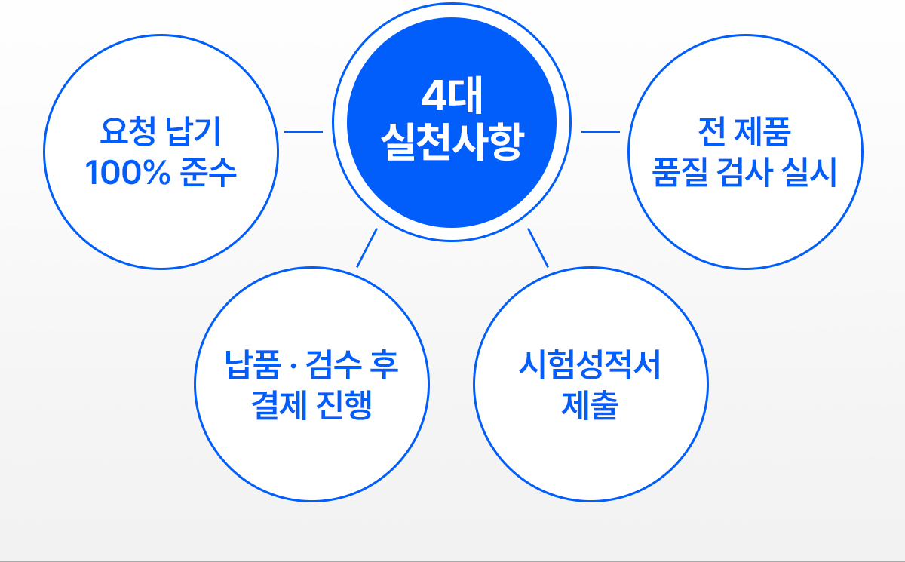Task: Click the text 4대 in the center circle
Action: pyautogui.click(x=451, y=98)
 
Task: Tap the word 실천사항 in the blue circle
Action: pyautogui.click(x=451, y=141)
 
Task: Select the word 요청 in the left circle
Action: pyautogui.click(x=124, y=133)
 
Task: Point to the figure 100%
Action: pyautogui.click(x=125, y=174)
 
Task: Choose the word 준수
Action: pyautogui.click(x=209, y=174)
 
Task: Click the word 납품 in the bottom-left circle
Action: pyautogui.click(x=251, y=367)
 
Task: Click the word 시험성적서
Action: pyautogui.click(x=590, y=367)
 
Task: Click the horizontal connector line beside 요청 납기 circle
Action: pyautogui.click(x=303, y=132)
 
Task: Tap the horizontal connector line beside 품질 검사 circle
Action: pyautogui.click(x=600, y=132)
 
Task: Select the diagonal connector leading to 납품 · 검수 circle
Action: pyautogui.click(x=367, y=247)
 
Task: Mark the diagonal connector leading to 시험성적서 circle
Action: pyautogui.click(x=538, y=247)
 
